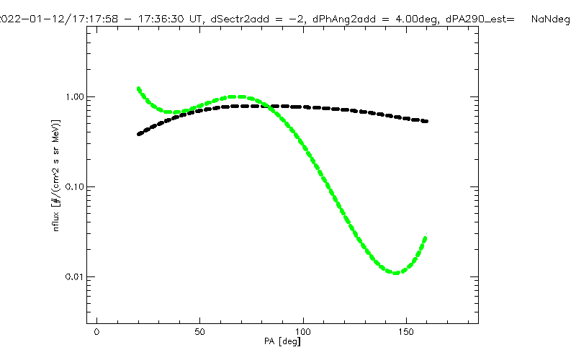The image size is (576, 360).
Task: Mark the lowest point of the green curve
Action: pyautogui.click(x=395, y=273)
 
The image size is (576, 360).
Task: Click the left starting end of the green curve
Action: pyautogui.click(x=138, y=89)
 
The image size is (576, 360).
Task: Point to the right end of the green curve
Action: pyautogui.click(x=426, y=237)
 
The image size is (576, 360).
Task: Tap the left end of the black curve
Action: pyautogui.click(x=138, y=134)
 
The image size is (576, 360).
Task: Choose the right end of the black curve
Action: pyautogui.click(x=426, y=121)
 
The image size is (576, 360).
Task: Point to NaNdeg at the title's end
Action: pyautogui.click(x=551, y=20)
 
